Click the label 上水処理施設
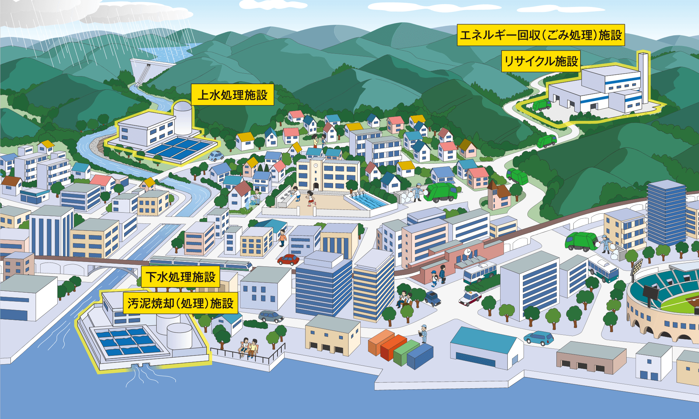pos(232,95)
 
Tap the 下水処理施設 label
pos(181,277)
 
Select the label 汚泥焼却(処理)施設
pos(180,303)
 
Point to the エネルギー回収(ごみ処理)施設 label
pos(541,35)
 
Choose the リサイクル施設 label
pos(541,61)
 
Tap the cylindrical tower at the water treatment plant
pos(183,117)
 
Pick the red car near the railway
pos(288,259)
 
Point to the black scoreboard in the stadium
pos(650,292)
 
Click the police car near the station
pos(470,299)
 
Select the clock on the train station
pos(467,251)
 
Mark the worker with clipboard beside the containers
pos(424,333)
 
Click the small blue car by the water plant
pos(216,156)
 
